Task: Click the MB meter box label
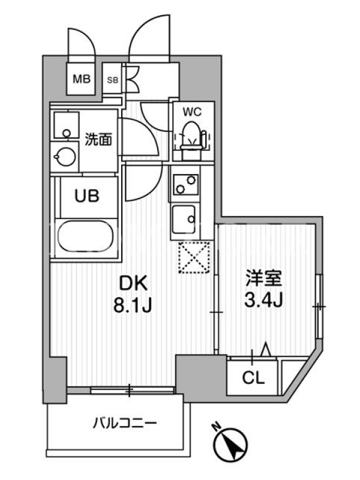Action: tap(82, 79)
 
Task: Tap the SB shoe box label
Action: tap(112, 80)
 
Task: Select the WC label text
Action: tap(192, 112)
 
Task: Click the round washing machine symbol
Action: tap(65, 157)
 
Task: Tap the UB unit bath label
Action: tap(87, 196)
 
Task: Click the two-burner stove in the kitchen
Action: tap(185, 184)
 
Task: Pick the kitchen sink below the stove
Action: tap(184, 219)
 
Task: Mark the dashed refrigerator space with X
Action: tap(194, 257)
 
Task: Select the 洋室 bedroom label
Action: tap(263, 278)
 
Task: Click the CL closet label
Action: tap(253, 379)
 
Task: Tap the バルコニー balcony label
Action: tap(125, 424)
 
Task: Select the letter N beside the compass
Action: tap(217, 427)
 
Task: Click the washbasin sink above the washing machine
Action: tap(67, 125)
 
